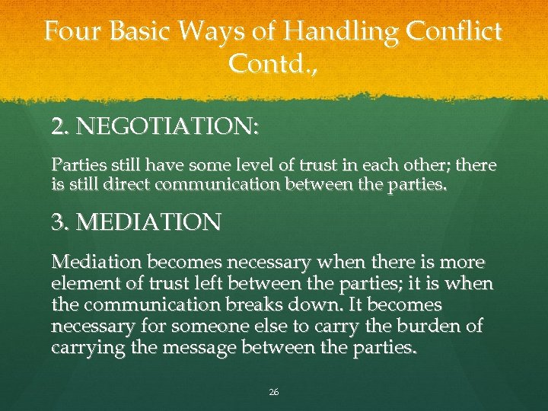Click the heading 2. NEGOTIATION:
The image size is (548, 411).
coord(155,126)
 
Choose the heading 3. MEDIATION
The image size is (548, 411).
coord(136,222)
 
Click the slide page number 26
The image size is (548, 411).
coord(274,392)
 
